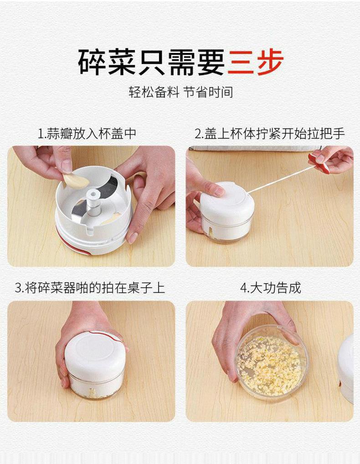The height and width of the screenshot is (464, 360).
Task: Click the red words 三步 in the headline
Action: coord(255,62)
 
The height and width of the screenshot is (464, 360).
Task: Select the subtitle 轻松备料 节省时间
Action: coord(180,92)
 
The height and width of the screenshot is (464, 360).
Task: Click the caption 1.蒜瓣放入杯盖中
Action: coord(87,134)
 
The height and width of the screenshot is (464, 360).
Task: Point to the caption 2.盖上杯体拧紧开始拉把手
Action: coord(270,134)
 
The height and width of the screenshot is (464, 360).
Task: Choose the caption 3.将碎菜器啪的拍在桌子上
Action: coord(90,288)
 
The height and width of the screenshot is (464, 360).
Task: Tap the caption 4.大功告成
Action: coord(270,288)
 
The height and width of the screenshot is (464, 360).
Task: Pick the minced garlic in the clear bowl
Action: coord(269,366)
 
